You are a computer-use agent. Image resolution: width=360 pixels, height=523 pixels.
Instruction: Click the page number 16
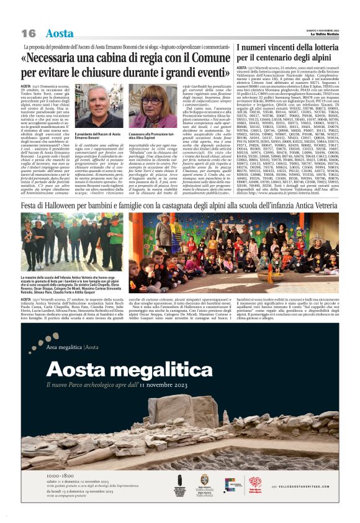coord(29,33)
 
